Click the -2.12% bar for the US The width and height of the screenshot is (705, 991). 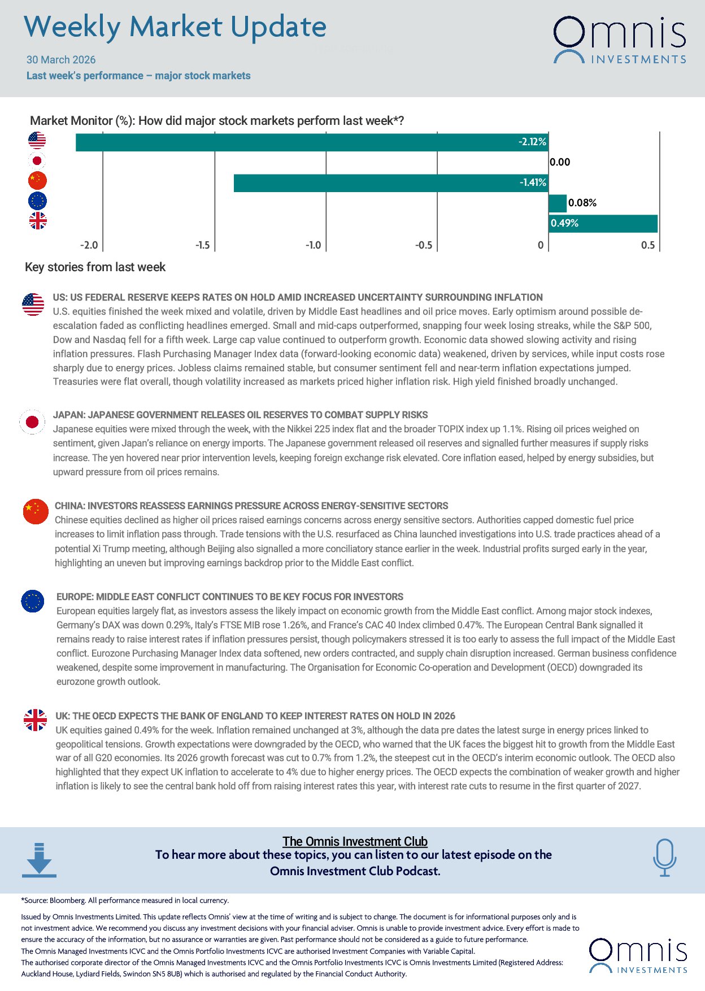(311, 142)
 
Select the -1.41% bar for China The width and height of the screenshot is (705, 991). (390, 183)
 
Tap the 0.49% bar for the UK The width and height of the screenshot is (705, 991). (603, 223)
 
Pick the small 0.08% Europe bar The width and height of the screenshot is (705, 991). (557, 203)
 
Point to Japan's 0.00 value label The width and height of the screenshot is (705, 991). (560, 162)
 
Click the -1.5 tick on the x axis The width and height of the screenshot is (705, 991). (203, 245)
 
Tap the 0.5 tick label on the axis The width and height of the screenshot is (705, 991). (647, 245)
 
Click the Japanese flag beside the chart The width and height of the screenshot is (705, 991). (37, 161)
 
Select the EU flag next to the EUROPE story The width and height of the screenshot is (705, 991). (33, 601)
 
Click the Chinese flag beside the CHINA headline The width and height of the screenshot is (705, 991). (36, 512)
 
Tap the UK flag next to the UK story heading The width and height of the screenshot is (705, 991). (36, 720)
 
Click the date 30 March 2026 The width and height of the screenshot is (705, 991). (61, 60)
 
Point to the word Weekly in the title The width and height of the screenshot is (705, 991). (72, 27)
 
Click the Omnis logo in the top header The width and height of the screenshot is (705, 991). (619, 40)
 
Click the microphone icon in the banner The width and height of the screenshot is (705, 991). (664, 857)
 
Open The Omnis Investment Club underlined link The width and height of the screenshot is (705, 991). (355, 841)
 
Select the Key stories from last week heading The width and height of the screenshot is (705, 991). (95, 267)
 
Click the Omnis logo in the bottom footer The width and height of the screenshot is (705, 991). (638, 956)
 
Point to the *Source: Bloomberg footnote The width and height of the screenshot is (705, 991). (125, 901)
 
